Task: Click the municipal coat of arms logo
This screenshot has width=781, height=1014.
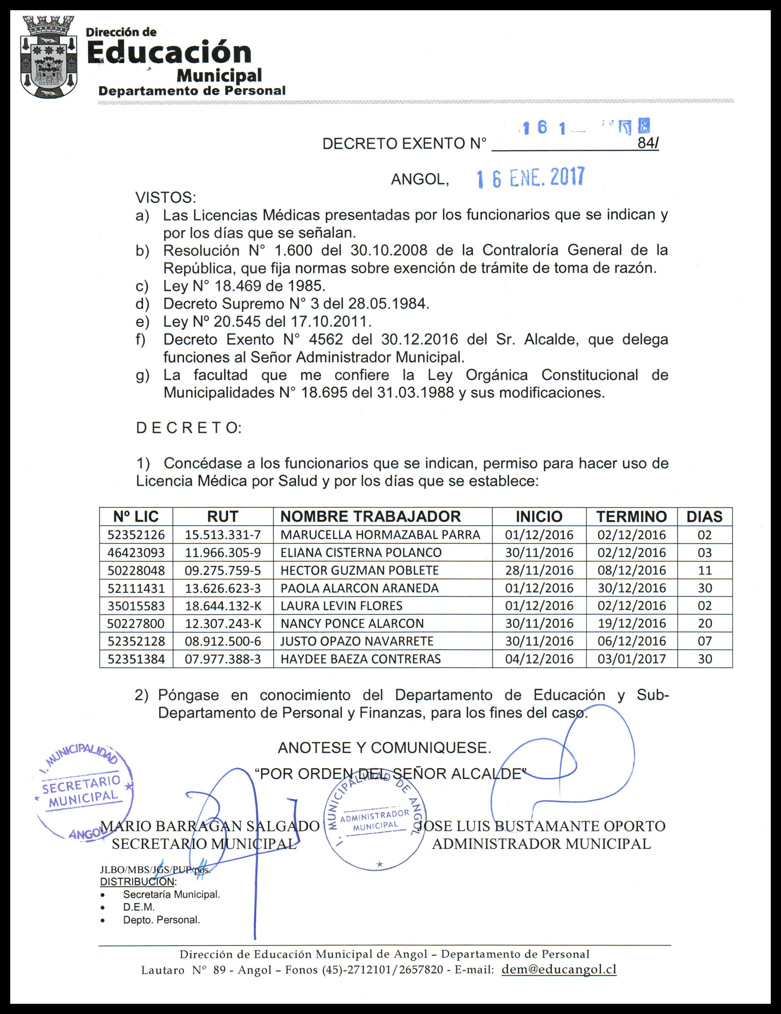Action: [x=49, y=57]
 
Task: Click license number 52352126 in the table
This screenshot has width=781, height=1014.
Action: [x=136, y=535]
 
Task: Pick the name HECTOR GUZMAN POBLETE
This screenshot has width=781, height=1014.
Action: [x=359, y=570]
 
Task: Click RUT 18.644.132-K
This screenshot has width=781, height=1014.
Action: [x=223, y=606]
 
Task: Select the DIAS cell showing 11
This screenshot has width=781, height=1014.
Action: [x=705, y=570]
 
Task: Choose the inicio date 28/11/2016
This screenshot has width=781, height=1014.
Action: [x=539, y=570]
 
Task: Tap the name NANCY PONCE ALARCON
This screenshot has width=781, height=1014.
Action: [x=352, y=624]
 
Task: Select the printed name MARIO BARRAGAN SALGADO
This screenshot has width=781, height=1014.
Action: [x=210, y=826]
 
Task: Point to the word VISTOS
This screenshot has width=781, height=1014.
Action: [x=165, y=198]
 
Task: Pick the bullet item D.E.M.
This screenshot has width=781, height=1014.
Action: [x=139, y=907]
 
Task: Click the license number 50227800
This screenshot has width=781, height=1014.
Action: [x=136, y=624]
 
